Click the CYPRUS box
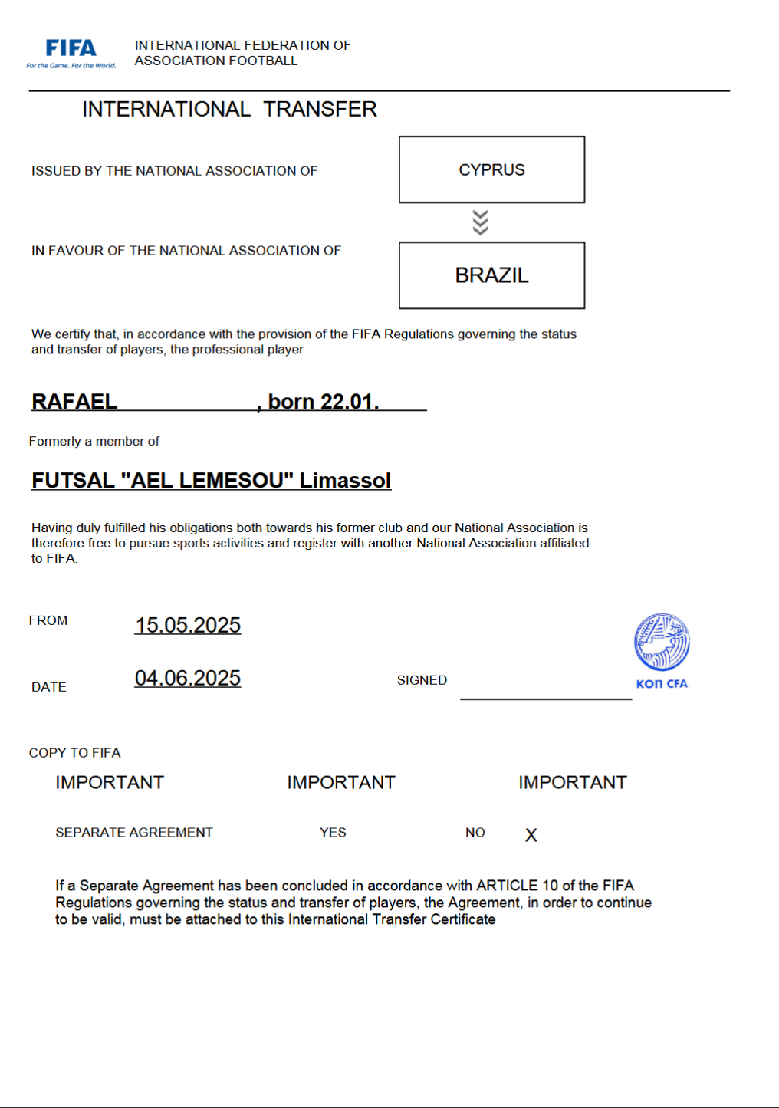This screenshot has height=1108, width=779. pyautogui.click(x=491, y=169)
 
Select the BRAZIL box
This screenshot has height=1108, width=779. pyautogui.click(x=491, y=275)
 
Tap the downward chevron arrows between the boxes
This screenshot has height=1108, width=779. pyautogui.click(x=480, y=222)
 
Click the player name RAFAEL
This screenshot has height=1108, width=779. pyautogui.click(x=74, y=402)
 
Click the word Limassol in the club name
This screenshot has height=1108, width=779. pyautogui.click(x=345, y=481)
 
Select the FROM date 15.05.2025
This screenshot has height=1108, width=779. pyautogui.click(x=188, y=626)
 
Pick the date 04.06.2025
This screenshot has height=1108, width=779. pyautogui.click(x=188, y=679)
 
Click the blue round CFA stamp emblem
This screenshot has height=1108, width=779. pyautogui.click(x=662, y=643)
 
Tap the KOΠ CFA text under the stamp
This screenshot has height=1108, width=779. pyautogui.click(x=662, y=684)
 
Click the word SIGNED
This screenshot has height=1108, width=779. pyautogui.click(x=422, y=680)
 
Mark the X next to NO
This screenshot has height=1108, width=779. pyautogui.click(x=531, y=835)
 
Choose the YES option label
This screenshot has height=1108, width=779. pyautogui.click(x=333, y=833)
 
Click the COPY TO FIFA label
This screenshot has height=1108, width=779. pyautogui.click(x=74, y=753)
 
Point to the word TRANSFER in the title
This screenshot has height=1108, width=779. pyautogui.click(x=320, y=110)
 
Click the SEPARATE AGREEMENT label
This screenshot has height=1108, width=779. pyautogui.click(x=134, y=833)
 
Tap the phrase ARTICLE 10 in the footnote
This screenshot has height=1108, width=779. pyautogui.click(x=518, y=886)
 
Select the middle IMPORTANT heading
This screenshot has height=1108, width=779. pyautogui.click(x=341, y=783)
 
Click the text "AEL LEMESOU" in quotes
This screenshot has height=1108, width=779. pyautogui.click(x=207, y=481)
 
